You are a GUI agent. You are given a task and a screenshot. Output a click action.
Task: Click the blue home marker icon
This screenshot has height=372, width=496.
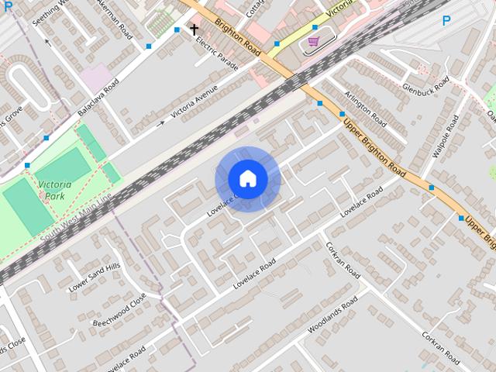pyautogui.click(x=247, y=179)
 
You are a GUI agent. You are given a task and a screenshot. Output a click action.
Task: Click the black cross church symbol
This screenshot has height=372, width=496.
pyautogui.click(x=193, y=30)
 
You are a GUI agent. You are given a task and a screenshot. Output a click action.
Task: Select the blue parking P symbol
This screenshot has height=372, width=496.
pyautogui.click(x=446, y=22)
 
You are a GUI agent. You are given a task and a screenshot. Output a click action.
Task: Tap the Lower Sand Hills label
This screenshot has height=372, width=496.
pyautogui.click(x=95, y=277)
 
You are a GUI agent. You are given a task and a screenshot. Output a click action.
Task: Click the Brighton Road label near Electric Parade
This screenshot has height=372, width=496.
pyautogui.click(x=238, y=35)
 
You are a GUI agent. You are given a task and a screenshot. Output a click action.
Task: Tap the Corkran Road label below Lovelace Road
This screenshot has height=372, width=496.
pyautogui.click(x=342, y=261)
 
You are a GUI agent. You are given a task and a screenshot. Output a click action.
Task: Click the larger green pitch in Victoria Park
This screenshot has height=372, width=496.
pyautogui.click(x=29, y=206)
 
